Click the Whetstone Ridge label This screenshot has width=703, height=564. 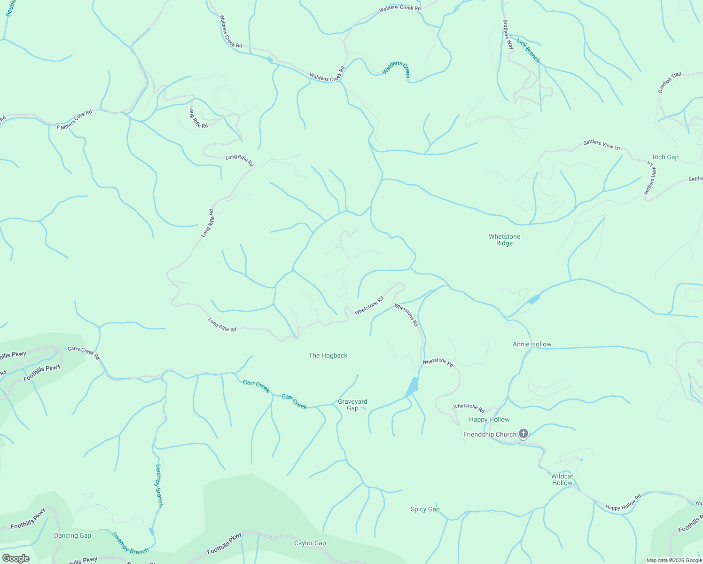point(504,240)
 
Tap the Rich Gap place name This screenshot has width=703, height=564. point(665,157)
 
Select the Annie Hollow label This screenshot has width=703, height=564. point(532,344)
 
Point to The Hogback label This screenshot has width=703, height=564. point(328,355)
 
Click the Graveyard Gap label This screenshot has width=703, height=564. point(352,405)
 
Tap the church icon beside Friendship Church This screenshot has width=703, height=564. point(523,434)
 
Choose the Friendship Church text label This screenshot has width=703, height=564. point(490,434)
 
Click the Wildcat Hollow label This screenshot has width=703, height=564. point(562,479)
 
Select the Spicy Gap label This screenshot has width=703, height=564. point(425,509)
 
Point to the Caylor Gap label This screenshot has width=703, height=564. point(310,543)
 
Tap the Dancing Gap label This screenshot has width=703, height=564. point(72,535)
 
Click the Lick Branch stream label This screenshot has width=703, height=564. point(528,50)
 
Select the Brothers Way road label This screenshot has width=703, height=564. point(508,34)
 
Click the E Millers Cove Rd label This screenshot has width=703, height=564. point(74,120)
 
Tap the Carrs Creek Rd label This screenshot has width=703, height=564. point(84,352)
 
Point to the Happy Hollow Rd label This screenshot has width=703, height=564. point(623,502)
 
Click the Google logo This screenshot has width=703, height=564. point(16,558)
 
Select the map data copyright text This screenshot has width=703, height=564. point(674,560)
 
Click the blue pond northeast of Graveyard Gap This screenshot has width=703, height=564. point(412,387)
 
